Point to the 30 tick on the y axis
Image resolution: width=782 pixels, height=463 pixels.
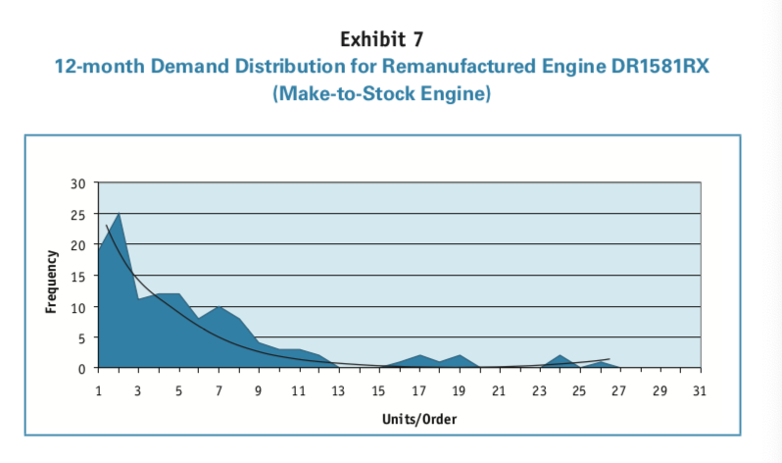pos(79,183)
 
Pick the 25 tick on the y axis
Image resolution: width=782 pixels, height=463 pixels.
pos(79,214)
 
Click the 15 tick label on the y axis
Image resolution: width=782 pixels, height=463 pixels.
pos(79,276)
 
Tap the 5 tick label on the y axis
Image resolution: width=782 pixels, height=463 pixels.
pos(82,337)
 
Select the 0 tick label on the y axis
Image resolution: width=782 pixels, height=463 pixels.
pos(82,368)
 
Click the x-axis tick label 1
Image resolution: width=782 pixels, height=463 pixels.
pos(98,391)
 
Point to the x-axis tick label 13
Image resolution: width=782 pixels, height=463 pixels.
pos(338,391)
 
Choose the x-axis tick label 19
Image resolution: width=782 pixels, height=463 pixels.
pos(459,391)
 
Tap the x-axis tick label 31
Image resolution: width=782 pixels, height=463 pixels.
pos(699,391)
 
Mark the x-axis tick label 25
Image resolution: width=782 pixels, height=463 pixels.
pos(579,391)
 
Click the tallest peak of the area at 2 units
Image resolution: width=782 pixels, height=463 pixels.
pos(119,215)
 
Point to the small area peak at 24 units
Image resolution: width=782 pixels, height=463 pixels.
pos(559,356)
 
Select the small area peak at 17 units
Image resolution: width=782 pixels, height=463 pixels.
pos(418,356)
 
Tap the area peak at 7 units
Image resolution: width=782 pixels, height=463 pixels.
pos(219,308)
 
